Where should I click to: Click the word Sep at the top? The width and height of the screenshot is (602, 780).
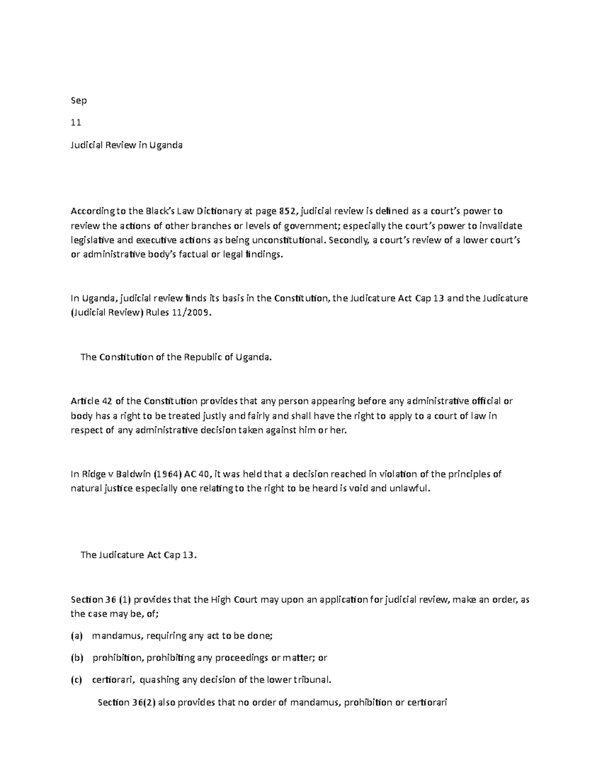79,100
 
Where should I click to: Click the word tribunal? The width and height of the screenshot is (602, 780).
312,680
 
